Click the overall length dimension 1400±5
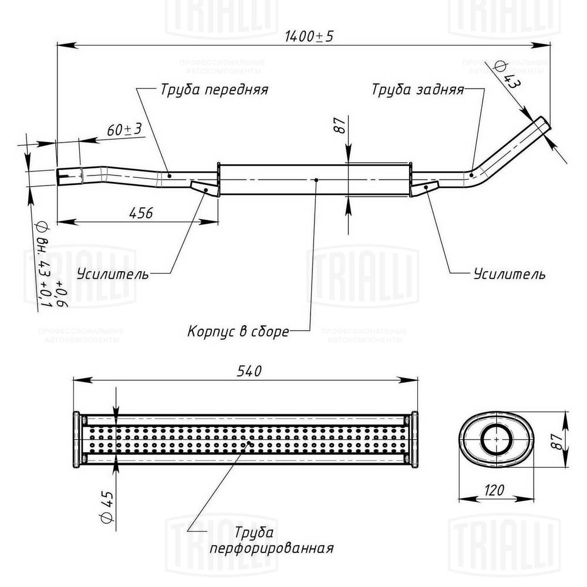tap(309, 37)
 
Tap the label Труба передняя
tap(213, 90)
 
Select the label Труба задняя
tap(418, 90)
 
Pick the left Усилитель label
tap(113, 274)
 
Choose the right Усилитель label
tap(510, 274)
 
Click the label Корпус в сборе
tap(238, 332)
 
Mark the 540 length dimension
tap(247, 371)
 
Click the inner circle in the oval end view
tap(497, 438)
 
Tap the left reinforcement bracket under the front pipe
tap(203, 187)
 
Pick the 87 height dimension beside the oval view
tap(558, 437)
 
